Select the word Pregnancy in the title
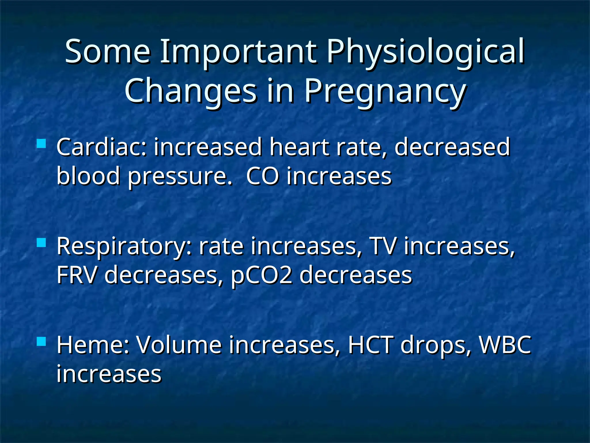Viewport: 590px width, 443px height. [385, 92]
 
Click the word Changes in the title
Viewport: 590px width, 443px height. [190, 92]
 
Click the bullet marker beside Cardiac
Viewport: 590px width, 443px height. [41, 144]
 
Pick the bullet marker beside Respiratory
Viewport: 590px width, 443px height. [41, 243]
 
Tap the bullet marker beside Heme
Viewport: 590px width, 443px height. [41, 341]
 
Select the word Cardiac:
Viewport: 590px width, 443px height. [102, 147]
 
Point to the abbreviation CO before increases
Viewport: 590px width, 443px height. [262, 176]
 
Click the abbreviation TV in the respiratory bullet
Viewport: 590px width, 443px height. [383, 246]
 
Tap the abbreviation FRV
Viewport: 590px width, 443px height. [76, 275]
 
